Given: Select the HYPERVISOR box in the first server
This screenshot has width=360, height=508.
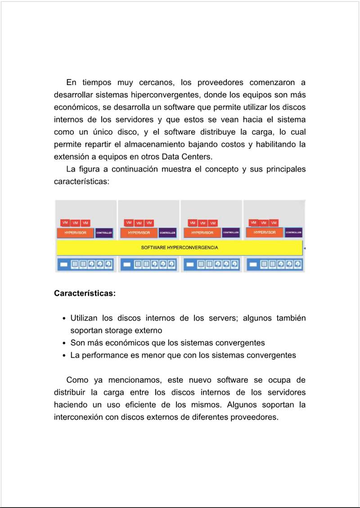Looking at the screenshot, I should (x=75, y=233).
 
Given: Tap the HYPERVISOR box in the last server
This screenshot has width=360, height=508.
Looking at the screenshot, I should (x=264, y=232).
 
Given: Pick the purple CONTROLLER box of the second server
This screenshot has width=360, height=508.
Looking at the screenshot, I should (x=167, y=233).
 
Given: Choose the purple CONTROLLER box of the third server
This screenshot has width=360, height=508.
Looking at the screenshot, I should (x=231, y=233).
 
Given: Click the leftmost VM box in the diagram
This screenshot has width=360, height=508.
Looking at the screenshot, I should (x=65, y=223).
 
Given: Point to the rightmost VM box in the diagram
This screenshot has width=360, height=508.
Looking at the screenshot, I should (x=274, y=223).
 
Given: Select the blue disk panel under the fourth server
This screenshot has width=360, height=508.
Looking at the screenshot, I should (x=274, y=264).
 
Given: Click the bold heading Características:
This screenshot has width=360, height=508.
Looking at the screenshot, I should (x=85, y=294).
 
